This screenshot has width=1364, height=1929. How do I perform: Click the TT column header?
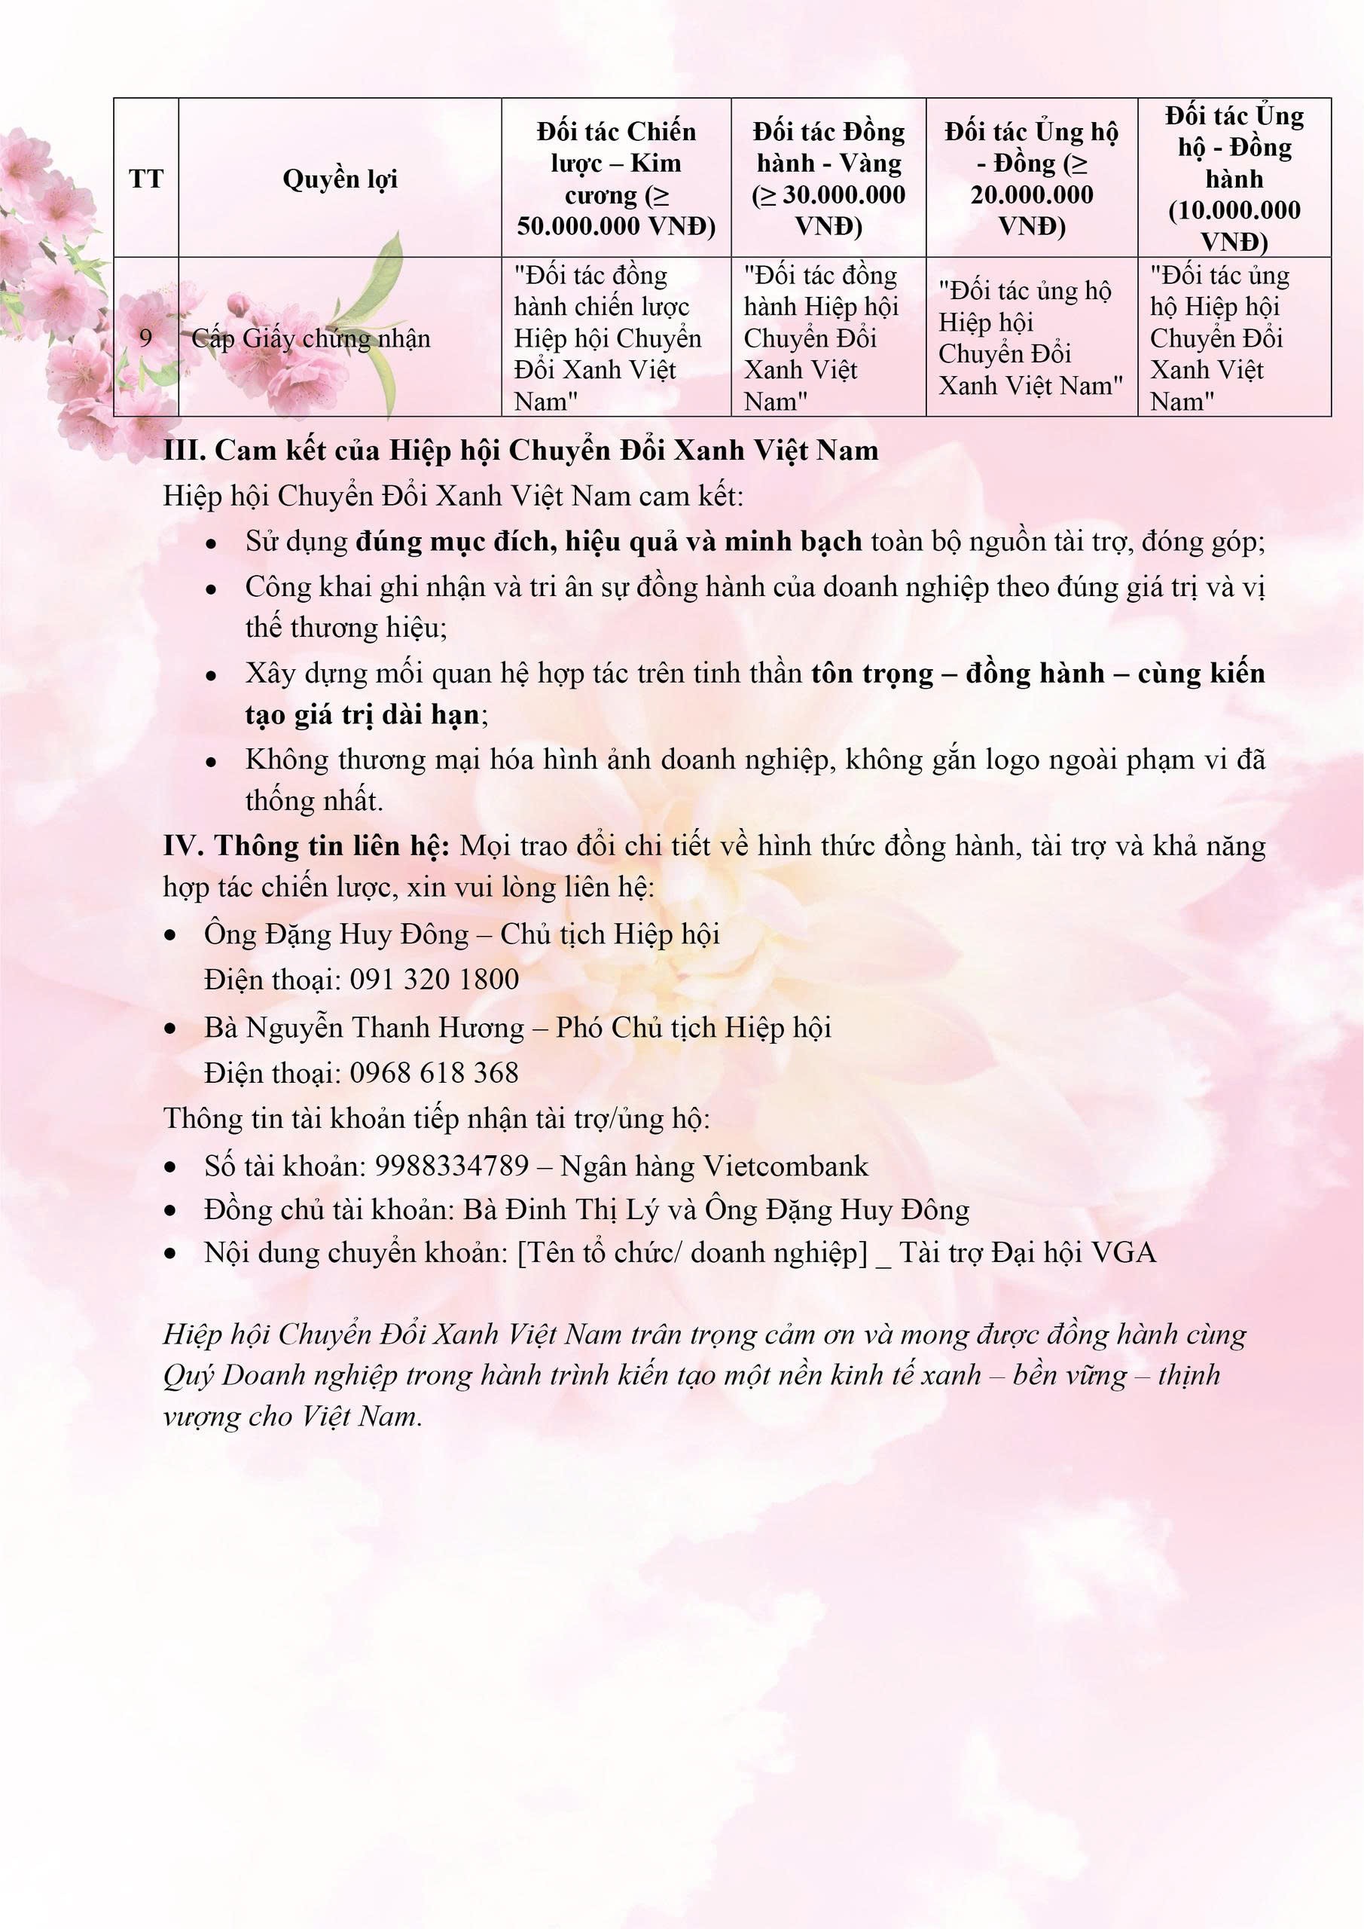146,179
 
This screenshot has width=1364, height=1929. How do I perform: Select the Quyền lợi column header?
340,179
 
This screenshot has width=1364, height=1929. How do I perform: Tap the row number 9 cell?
146,338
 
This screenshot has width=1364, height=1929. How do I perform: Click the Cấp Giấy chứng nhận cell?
311,338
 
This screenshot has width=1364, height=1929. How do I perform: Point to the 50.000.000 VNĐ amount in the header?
615,226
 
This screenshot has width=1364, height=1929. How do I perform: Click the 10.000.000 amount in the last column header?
1234,210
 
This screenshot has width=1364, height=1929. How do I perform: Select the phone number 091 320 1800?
435,980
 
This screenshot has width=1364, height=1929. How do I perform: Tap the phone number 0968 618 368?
435,1073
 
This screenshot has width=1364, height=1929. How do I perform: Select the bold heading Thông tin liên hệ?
333,845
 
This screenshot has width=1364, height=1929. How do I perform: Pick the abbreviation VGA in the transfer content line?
1123,1254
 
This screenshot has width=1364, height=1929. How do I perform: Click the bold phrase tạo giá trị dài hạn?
363,714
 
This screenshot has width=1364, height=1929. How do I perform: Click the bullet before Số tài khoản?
171,1167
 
